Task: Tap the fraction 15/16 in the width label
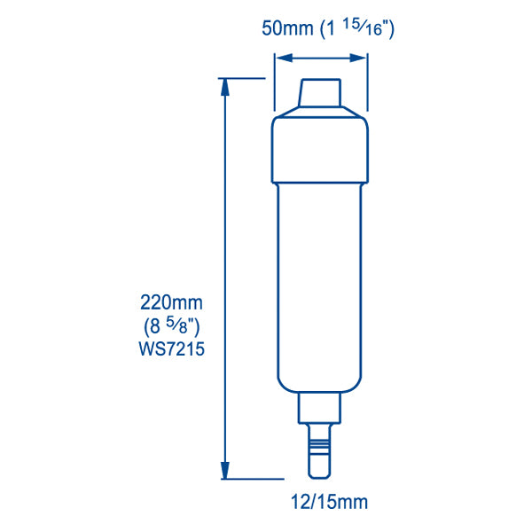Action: [370, 27]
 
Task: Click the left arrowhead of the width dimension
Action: [280, 59]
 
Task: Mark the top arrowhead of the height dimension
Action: [225, 85]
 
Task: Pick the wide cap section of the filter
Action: [320, 146]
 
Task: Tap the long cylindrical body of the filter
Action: [320, 284]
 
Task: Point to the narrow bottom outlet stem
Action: [320, 452]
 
